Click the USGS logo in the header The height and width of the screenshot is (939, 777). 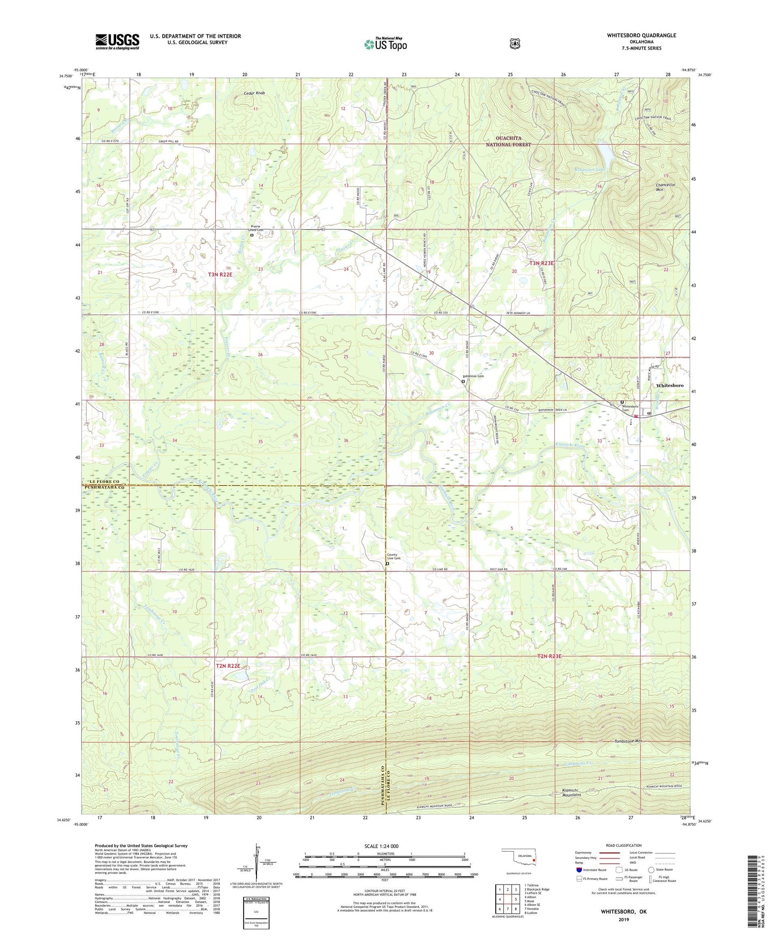[x=117, y=41]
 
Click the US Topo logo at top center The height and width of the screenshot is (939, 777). [x=385, y=44]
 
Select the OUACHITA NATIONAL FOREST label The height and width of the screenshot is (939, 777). [x=508, y=141]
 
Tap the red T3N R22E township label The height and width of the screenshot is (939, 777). [x=220, y=274]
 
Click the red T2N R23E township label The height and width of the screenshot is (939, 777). [x=550, y=656]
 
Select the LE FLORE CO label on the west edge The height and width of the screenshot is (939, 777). [x=103, y=482]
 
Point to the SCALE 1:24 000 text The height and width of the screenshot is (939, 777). [x=381, y=846]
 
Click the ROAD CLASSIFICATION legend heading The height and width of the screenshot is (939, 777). [x=623, y=845]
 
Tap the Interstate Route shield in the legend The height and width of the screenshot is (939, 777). [x=579, y=869]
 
